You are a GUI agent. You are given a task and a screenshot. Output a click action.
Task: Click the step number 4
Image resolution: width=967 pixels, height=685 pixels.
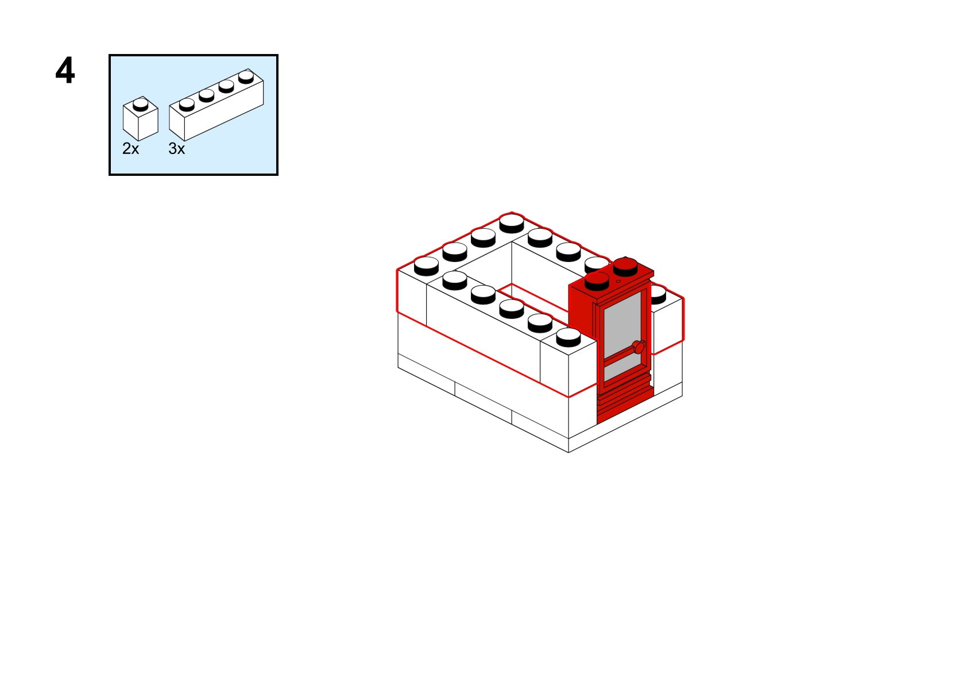[65, 70]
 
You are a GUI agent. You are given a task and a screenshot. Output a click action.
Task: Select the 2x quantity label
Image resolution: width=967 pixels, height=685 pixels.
[131, 149]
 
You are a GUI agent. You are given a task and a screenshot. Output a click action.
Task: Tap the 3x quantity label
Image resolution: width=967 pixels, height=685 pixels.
[176, 149]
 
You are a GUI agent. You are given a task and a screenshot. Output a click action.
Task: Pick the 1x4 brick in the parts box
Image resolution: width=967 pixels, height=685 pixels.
[216, 105]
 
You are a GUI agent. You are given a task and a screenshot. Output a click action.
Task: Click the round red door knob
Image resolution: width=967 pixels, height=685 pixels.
[639, 347]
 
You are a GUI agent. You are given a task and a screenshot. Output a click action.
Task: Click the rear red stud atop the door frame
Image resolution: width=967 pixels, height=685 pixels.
[625, 267]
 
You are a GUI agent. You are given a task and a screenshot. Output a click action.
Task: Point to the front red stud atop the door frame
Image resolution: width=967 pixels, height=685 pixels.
[597, 281]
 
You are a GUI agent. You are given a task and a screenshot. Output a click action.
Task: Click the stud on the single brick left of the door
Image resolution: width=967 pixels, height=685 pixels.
[568, 337]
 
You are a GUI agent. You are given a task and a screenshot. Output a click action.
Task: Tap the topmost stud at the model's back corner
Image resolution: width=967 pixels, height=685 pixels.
[512, 224]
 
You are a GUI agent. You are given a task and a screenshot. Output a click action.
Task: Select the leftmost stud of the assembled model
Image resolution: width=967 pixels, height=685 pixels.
[426, 266]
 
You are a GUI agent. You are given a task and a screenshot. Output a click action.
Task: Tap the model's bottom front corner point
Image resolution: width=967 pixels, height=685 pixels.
[568, 452]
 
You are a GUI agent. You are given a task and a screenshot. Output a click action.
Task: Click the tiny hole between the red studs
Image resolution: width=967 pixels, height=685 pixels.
[618, 282]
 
